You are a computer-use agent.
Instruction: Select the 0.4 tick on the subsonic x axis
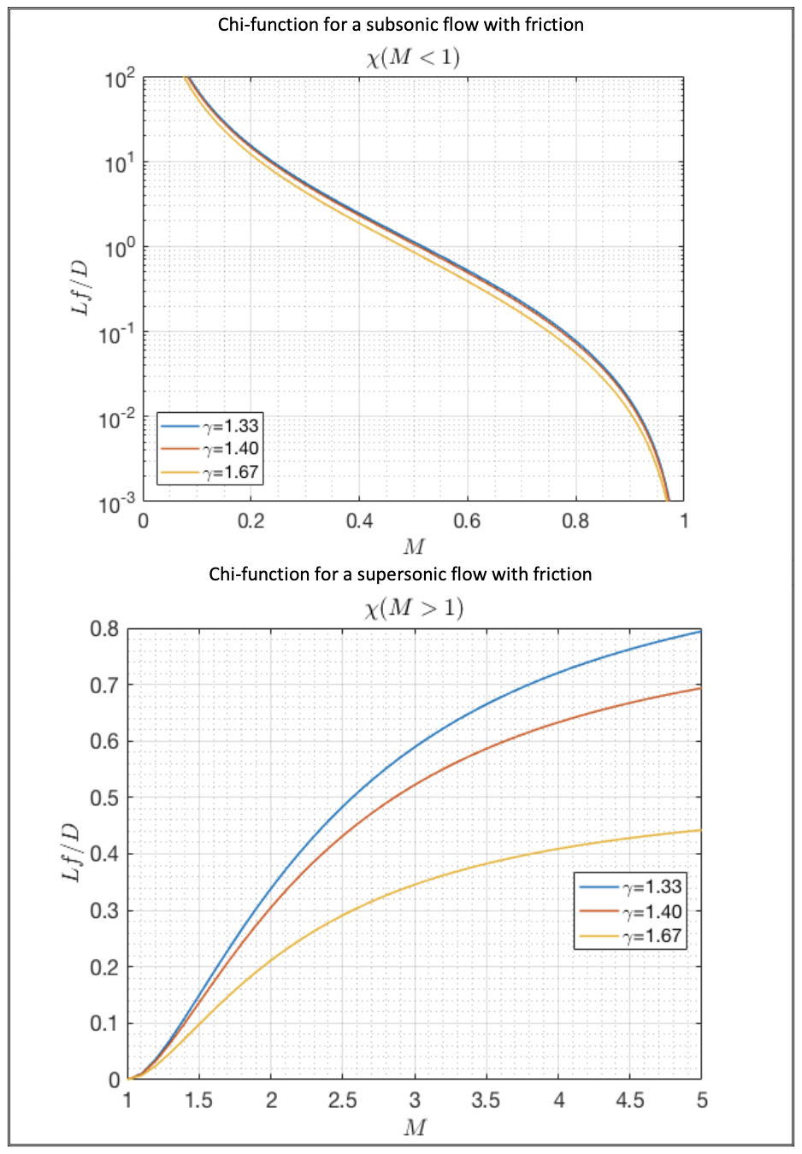pyautogui.click(x=359, y=521)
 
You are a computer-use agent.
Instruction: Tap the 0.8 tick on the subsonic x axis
pyautogui.click(x=575, y=521)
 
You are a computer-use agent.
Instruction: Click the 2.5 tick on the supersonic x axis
pyautogui.click(x=342, y=1100)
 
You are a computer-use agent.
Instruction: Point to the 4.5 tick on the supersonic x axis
pyautogui.click(x=629, y=1100)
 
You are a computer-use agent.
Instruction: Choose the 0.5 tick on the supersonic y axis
pyautogui.click(x=104, y=798)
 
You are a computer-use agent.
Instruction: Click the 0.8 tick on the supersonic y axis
pyautogui.click(x=104, y=629)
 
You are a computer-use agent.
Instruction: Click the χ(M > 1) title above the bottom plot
pyautogui.click(x=414, y=608)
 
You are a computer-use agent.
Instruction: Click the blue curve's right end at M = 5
pyautogui.click(x=699, y=632)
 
